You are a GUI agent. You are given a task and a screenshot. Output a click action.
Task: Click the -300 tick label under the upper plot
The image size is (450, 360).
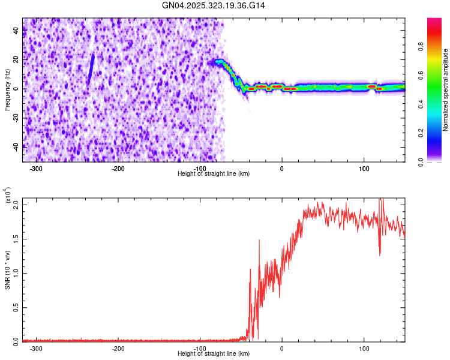pyautogui.click(x=36, y=168)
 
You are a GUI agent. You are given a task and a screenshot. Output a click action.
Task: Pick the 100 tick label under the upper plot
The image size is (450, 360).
pyautogui.click(x=364, y=168)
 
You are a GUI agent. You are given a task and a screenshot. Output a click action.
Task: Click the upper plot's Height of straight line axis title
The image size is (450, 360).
pyautogui.click(x=214, y=173)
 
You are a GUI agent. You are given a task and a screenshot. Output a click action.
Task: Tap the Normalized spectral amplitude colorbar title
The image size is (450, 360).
pyautogui.click(x=446, y=90)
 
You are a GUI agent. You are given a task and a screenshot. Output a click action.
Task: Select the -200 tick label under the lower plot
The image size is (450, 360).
pyautogui.click(x=118, y=349)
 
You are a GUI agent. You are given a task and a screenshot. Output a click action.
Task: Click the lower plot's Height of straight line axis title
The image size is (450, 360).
pyautogui.click(x=214, y=354)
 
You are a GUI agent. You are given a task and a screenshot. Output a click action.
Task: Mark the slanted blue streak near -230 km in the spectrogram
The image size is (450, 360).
pyautogui.click(x=91, y=69)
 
